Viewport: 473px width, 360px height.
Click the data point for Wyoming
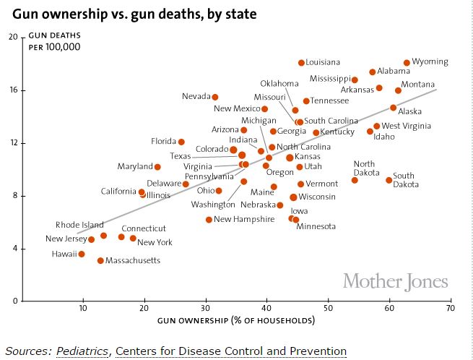[407, 63]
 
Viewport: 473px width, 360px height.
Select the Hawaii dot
[82, 254]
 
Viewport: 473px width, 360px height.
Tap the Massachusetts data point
[100, 260]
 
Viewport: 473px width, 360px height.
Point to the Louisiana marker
[301, 63]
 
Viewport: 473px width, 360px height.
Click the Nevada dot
[214, 97]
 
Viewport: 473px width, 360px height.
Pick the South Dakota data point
[389, 180]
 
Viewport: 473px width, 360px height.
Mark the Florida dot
[181, 142]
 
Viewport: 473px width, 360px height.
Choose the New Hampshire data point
[209, 219]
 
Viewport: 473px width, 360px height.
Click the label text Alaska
[410, 111]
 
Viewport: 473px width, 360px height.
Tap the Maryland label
[135, 167]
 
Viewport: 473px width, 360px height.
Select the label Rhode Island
[79, 225]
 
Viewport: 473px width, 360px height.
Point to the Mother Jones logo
[395, 280]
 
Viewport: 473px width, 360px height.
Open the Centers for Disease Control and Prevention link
[230, 351]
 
